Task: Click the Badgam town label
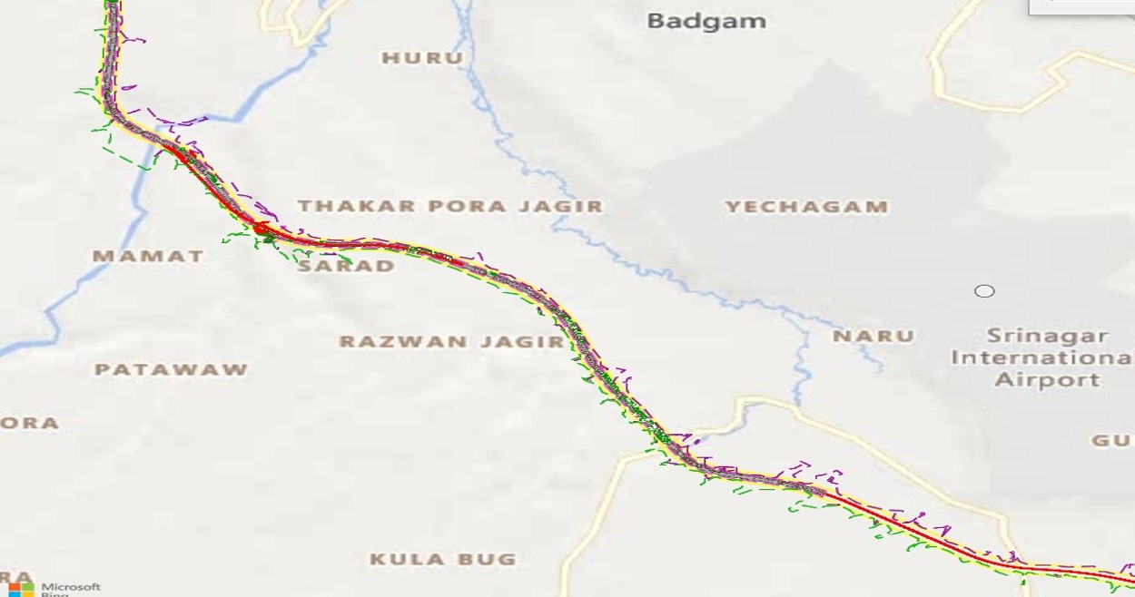point(706,21)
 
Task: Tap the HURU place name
point(422,58)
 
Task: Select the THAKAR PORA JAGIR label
point(450,207)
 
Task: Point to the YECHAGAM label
point(806,207)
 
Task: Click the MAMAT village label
point(148,257)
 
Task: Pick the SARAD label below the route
point(347,267)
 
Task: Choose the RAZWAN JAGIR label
point(451,342)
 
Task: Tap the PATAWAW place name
point(171,370)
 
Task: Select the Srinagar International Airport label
point(1041,357)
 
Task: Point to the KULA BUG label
point(442,560)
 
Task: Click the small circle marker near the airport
point(984,291)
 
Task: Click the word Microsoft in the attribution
point(71,587)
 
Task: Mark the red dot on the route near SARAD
point(262,229)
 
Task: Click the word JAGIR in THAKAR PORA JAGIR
point(566,207)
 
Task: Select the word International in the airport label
point(1041,358)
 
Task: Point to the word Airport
point(1047,380)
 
